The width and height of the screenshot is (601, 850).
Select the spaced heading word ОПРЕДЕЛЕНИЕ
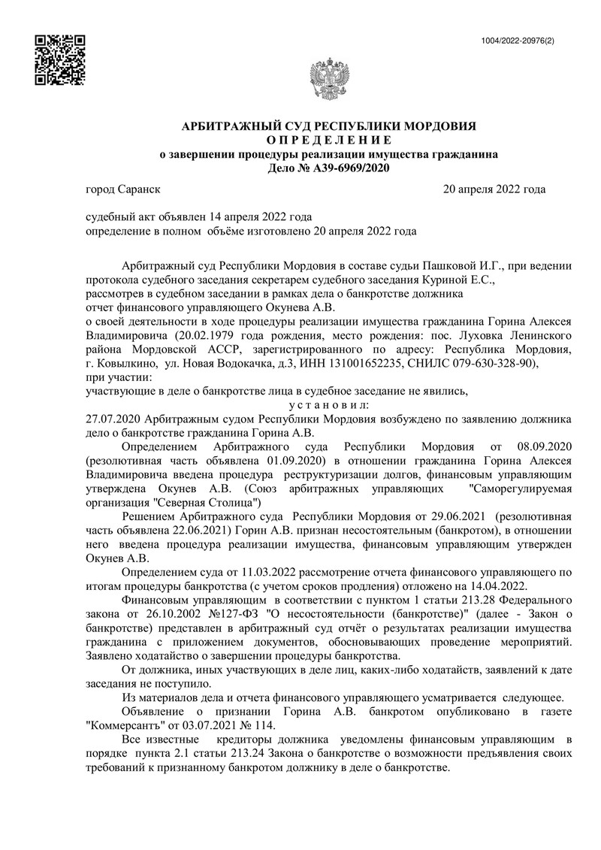[330, 141]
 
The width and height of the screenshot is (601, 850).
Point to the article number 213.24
[273, 752]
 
